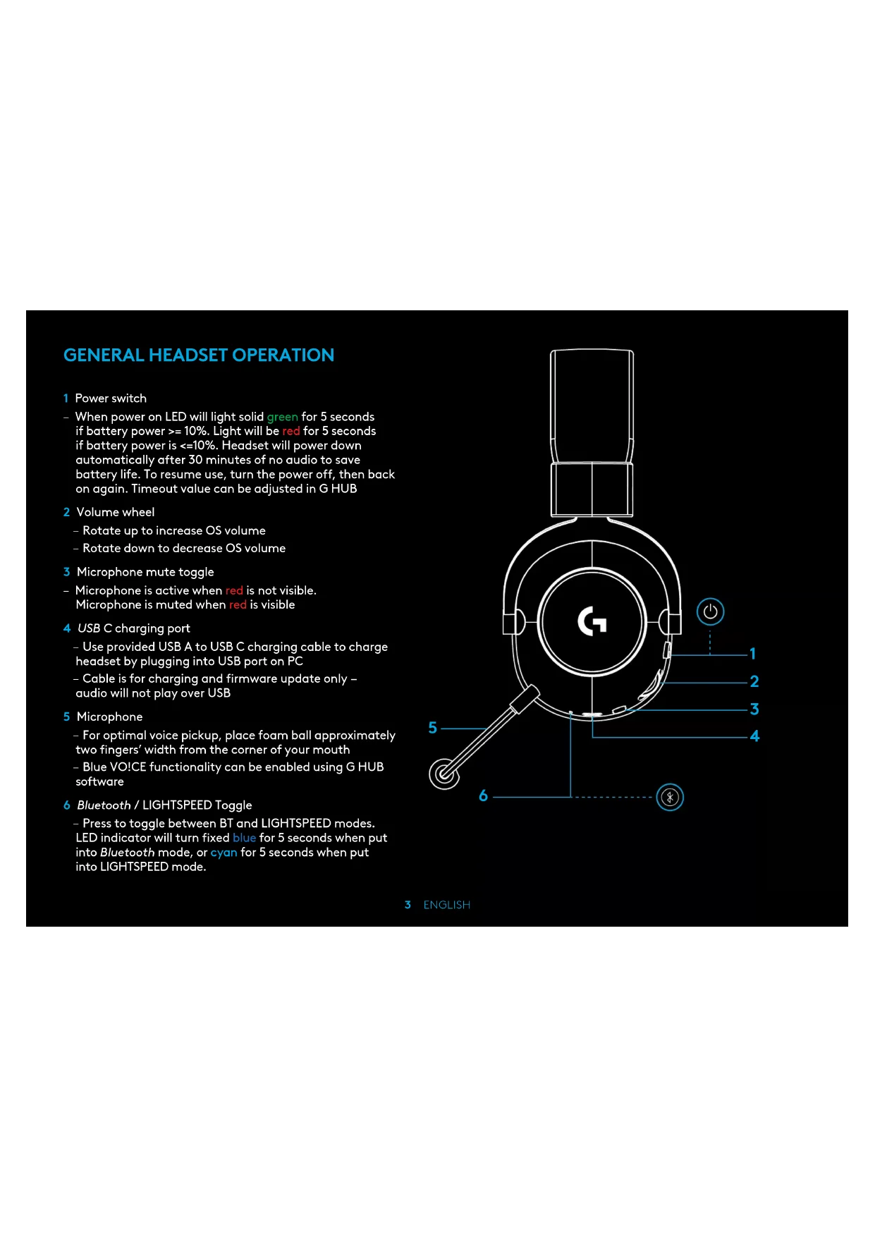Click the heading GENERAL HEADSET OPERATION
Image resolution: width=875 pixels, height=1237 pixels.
point(199,355)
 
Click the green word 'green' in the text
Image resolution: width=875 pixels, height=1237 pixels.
point(282,417)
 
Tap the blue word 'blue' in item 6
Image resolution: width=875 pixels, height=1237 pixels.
point(244,838)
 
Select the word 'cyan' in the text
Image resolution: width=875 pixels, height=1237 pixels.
point(224,853)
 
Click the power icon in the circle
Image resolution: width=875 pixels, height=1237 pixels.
point(710,612)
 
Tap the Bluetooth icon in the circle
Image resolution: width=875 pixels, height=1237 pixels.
point(670,798)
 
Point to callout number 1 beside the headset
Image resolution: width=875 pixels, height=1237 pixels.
point(753,654)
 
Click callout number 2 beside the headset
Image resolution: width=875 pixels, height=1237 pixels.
point(754,681)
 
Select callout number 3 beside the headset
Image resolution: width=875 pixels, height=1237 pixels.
point(754,709)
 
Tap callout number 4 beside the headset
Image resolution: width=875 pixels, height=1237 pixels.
point(754,736)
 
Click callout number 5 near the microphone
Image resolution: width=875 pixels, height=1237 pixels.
point(433,728)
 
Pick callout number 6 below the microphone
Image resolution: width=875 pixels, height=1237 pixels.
point(483,796)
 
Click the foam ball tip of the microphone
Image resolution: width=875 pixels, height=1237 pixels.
point(444,774)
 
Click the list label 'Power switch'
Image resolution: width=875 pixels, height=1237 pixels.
point(111,398)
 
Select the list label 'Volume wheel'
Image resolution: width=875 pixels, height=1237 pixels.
point(115,512)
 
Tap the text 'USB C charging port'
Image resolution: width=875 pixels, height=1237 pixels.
point(133,628)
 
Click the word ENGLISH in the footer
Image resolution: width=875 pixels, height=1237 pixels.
point(446,905)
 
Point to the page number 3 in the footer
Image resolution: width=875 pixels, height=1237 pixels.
point(408,905)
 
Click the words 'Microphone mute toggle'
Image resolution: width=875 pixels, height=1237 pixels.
point(145,572)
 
